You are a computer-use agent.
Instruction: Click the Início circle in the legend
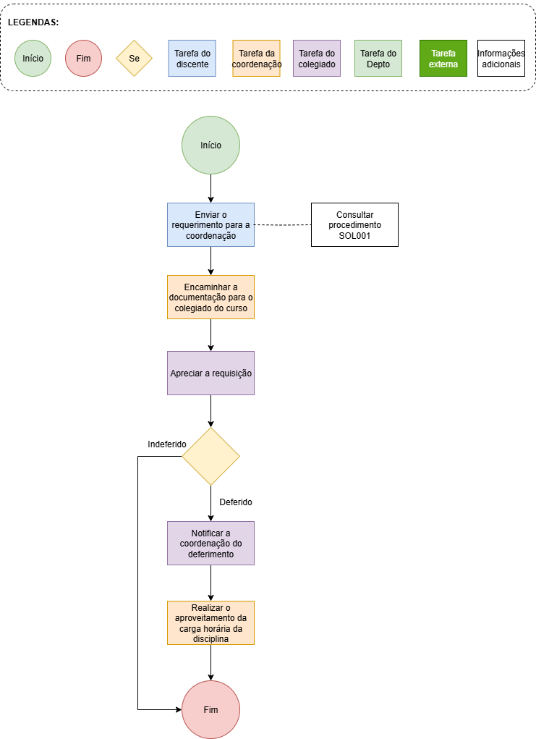[33, 59]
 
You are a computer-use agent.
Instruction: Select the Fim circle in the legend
[83, 59]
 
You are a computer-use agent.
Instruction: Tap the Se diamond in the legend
[135, 59]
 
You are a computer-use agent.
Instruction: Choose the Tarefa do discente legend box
[192, 59]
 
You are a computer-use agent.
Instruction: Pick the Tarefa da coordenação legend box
[256, 59]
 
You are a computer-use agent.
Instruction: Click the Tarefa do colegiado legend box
[317, 59]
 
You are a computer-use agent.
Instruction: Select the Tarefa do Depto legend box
[378, 59]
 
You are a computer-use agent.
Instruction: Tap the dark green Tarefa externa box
[443, 59]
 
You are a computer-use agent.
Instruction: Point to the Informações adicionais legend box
[501, 59]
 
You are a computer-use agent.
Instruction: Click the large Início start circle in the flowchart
[211, 145]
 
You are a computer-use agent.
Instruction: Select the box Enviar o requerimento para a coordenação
[211, 225]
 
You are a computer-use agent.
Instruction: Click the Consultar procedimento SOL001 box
[354, 225]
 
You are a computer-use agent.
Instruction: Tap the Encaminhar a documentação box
[211, 297]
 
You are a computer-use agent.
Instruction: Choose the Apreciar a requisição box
[211, 373]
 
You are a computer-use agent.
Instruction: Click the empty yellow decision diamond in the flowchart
[211, 456]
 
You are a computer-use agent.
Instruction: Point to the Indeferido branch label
[167, 444]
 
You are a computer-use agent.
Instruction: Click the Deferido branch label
[236, 502]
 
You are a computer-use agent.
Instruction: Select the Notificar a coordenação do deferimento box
[211, 544]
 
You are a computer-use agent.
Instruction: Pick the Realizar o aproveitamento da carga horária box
[211, 623]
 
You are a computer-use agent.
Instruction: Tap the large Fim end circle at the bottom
[211, 710]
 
